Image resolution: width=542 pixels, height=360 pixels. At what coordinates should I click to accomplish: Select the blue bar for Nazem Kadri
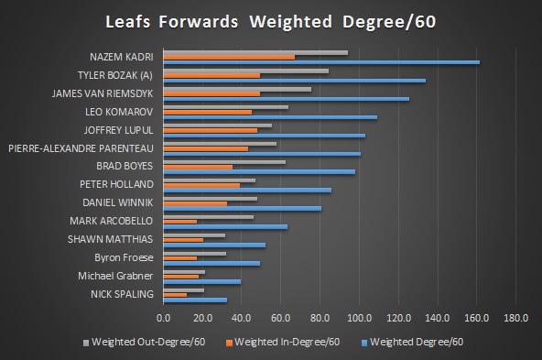[x=321, y=62]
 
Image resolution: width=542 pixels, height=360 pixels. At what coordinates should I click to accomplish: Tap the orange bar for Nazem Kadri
[x=229, y=57]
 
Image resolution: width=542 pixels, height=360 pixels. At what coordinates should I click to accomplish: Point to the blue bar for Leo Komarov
[x=270, y=117]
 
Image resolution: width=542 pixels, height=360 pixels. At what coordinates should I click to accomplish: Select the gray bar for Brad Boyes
[x=224, y=162]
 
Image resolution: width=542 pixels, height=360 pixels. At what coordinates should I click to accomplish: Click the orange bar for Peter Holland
[x=201, y=185]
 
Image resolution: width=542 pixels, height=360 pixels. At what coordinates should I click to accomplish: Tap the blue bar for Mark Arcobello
[x=225, y=226]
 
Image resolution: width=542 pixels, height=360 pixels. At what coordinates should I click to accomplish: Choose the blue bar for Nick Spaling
[x=195, y=300]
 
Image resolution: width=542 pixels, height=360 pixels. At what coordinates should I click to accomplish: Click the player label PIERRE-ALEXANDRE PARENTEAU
[x=81, y=147]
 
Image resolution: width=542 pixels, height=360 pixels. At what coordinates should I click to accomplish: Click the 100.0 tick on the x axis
[x=359, y=318]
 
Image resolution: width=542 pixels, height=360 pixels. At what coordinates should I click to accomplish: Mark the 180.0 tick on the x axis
[x=515, y=318]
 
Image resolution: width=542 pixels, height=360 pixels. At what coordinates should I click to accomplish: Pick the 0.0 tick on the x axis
[x=164, y=318]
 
